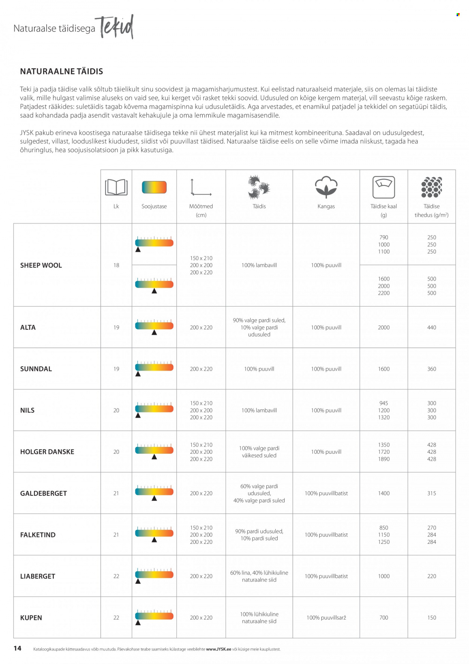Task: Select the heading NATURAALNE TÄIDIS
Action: pos(62,71)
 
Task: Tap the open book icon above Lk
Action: pos(116,187)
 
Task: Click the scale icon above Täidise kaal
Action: pos(383,187)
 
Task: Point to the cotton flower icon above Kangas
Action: pos(326,187)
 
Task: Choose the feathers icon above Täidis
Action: pos(259,187)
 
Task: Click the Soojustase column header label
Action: pos(154,206)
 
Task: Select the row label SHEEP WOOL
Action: pos(41,265)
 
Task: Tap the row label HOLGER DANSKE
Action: pos(47,452)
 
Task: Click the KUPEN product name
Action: pos(31,618)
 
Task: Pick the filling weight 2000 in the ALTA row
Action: pos(383,327)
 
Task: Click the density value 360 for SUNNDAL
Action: pos(431,369)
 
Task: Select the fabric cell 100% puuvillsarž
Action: pos(326,618)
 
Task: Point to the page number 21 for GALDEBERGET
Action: pos(116,493)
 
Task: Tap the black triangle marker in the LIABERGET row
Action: pos(138,581)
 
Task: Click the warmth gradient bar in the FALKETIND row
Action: pos(154,533)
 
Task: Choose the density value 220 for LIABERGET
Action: pos(431,576)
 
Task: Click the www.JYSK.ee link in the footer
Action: pos(218,649)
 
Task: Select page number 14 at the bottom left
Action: pos(17,648)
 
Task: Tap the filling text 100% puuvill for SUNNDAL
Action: pos(259,369)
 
